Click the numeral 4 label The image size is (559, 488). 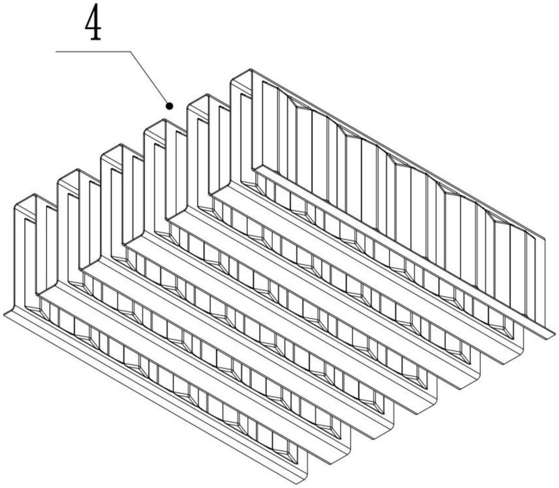click(x=94, y=25)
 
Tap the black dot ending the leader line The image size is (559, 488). click(x=169, y=105)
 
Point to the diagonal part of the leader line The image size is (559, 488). click(x=150, y=78)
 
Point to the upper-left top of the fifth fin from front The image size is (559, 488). click(x=198, y=101)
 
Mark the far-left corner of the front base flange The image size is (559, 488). click(x=6, y=314)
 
